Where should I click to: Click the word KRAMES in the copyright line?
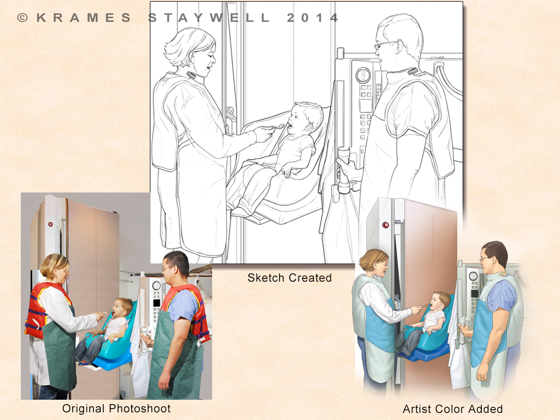pos(84,17)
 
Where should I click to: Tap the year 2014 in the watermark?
pos(312,17)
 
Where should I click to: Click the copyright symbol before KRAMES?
pos(22,17)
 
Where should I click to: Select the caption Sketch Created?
pos(290,277)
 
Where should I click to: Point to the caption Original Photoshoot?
pos(116,408)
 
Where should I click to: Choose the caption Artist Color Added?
pos(452,409)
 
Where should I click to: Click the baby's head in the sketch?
pos(304,119)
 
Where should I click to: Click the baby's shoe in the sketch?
pos(244,210)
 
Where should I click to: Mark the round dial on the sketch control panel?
pos(363,74)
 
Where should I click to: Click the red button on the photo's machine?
pos(50,224)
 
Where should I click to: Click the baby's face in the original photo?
pos(117,308)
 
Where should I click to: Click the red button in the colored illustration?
pos(386,225)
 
